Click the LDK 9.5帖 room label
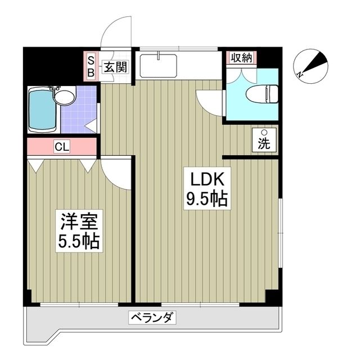pos(207,189)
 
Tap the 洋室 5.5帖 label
pos(79,231)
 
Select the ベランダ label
pos(152,318)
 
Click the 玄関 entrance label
pos(115,67)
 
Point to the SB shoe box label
pos(91,66)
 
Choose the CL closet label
pos(62,147)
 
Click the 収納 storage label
pos(241,57)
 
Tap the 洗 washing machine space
pos(264,140)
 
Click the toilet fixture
pos(262,94)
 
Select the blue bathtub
pos(43,110)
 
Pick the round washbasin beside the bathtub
pos(65,97)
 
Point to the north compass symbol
pos(310,66)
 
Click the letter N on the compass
pos(299,74)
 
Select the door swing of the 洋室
pos(116,173)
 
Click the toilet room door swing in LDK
pos(209,103)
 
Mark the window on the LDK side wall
pos(280,233)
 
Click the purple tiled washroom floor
pos(79,110)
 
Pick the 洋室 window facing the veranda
pos(79,304)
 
